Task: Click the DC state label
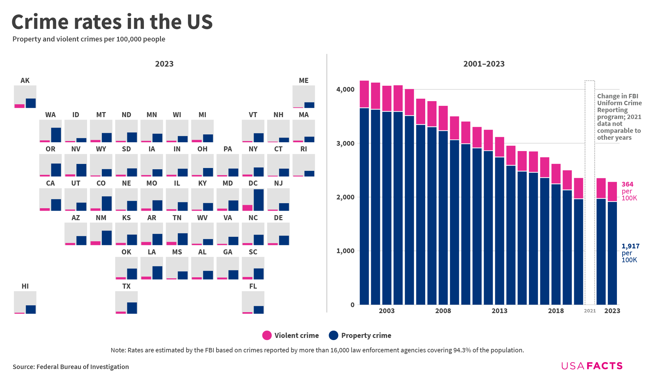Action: click(253, 183)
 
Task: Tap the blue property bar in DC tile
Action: click(259, 200)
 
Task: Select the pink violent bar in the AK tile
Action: click(19, 106)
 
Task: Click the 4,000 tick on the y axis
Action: click(345, 90)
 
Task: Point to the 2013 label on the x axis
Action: click(499, 311)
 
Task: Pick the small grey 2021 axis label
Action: click(590, 311)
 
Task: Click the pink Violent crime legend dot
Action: click(267, 335)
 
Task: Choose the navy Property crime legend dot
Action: click(333, 335)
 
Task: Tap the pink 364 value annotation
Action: click(627, 184)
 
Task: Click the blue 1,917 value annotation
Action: click(630, 246)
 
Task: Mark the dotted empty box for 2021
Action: click(590, 192)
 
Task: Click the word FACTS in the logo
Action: click(605, 366)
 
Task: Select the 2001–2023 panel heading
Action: click(484, 64)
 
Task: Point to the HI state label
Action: click(25, 286)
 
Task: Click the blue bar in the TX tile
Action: click(132, 308)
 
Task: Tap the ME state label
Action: click(304, 81)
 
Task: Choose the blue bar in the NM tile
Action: click(107, 238)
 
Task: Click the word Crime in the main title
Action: click(40, 22)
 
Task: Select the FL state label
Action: click(253, 286)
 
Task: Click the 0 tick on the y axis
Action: click(352, 305)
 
